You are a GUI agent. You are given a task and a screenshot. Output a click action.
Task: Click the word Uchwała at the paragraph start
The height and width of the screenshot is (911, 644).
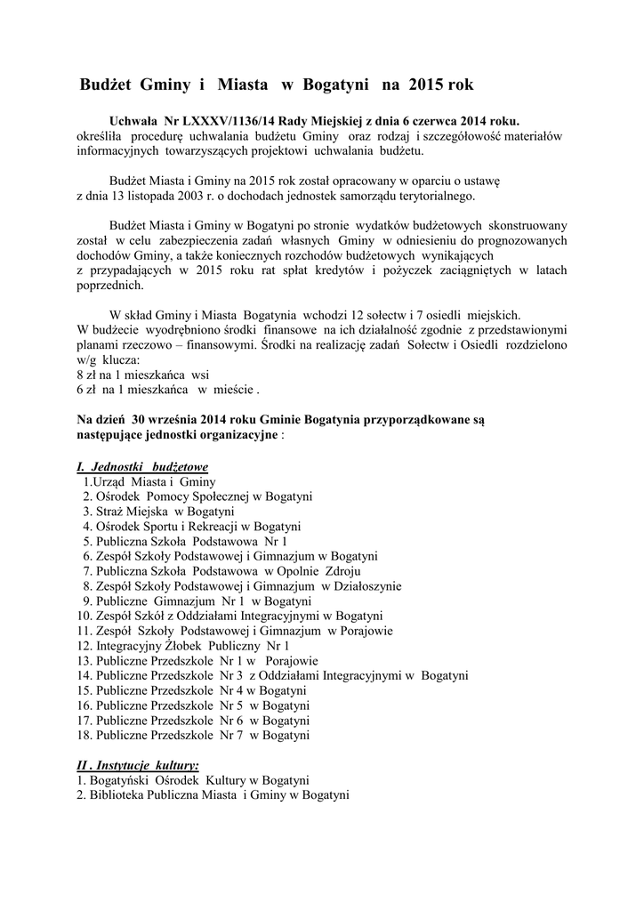pyautogui.click(x=132, y=121)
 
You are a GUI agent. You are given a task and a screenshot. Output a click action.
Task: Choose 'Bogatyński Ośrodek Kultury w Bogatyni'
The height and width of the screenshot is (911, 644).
pyautogui.click(x=193, y=780)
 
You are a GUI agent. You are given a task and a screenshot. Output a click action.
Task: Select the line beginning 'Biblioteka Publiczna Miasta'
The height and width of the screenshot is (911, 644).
pyautogui.click(x=213, y=795)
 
